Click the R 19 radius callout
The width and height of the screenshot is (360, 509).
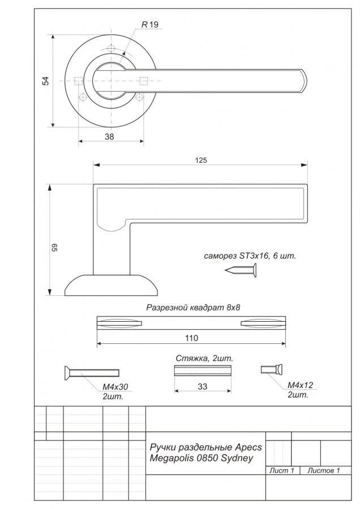click(150, 24)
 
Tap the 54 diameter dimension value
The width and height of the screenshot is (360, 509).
click(46, 81)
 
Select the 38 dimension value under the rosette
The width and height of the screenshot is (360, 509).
click(109, 137)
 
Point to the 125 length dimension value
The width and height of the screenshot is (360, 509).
click(201, 160)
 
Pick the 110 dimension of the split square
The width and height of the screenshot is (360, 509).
click(191, 338)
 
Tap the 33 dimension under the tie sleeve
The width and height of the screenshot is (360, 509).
click(203, 387)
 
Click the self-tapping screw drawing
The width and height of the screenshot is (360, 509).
click(241, 270)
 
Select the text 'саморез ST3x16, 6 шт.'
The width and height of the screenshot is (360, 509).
click(250, 256)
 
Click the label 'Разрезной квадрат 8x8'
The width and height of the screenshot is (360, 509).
click(193, 307)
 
